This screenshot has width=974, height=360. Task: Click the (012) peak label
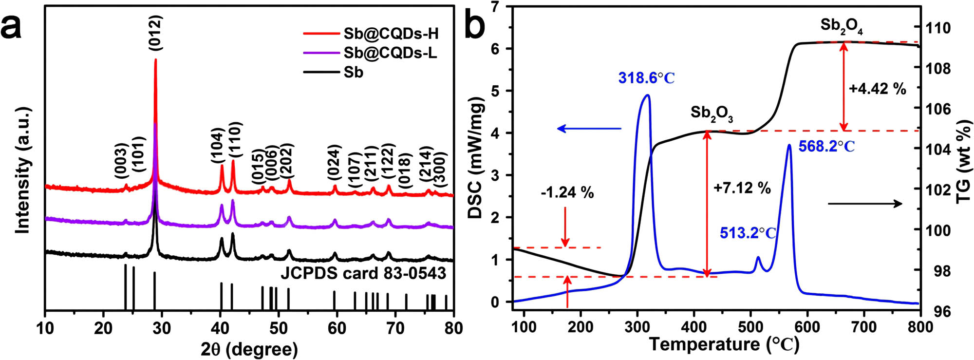155,33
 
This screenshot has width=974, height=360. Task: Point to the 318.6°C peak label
647,78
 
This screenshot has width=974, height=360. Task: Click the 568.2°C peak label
826,146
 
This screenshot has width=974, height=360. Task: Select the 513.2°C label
748,233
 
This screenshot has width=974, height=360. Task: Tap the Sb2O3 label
712,114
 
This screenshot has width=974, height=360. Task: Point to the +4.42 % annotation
877,89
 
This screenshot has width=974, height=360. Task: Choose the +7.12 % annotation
742,188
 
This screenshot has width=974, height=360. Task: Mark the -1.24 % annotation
567,192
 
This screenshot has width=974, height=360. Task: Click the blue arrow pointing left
589,129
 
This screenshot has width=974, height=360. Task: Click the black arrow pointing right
865,204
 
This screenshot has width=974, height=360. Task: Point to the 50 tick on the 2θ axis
278,328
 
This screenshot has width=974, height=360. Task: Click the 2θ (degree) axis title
249,349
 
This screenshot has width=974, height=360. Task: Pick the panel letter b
474,25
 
